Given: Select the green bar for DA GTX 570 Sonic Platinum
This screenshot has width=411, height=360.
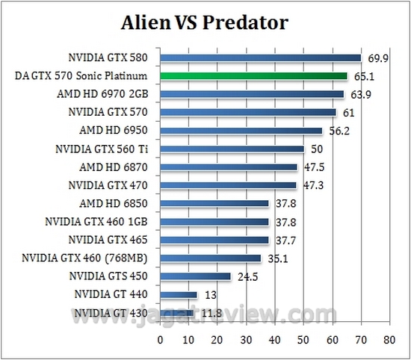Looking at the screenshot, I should pyautogui.click(x=253, y=76).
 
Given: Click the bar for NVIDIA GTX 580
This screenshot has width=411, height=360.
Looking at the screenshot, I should pyautogui.click(x=260, y=58).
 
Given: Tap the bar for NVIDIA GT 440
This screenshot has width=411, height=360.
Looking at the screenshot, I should pyautogui.click(x=178, y=294).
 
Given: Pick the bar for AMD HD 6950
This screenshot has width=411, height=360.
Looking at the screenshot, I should pyautogui.click(x=241, y=131).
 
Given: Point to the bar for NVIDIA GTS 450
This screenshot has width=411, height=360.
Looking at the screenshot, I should pyautogui.click(x=195, y=276).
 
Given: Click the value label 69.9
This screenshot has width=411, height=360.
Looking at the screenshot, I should pyautogui.click(x=374, y=58).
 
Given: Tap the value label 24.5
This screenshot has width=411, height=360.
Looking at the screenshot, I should pyautogui.click(x=244, y=276).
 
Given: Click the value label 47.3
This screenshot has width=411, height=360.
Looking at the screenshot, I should pyautogui.click(x=309, y=185).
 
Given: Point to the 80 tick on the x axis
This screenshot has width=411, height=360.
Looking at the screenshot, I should pyautogui.click(x=388, y=340).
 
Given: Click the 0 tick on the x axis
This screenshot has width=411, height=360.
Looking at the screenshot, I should pyautogui.click(x=160, y=340).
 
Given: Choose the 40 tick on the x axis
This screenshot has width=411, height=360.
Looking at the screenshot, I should pyautogui.click(x=274, y=340).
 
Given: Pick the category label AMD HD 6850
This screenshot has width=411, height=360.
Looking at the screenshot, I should pyautogui.click(x=117, y=204).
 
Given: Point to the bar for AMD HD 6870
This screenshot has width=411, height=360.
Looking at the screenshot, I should pyautogui.click(x=228, y=167).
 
